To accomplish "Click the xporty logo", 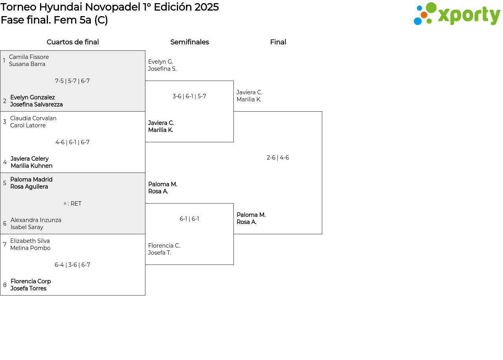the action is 457,14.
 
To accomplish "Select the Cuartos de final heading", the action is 73,42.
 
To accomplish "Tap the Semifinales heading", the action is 189,42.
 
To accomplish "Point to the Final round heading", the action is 278,42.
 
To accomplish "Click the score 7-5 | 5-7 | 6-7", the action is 72,81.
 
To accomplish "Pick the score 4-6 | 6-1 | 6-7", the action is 72,142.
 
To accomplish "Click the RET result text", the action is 72,204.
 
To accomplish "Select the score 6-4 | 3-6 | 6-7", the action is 72,265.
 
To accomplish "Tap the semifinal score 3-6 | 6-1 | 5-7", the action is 189,96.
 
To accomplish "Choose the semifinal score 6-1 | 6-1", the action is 189,219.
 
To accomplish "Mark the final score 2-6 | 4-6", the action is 278,158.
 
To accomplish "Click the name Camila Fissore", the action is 29,57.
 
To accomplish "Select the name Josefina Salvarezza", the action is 37,105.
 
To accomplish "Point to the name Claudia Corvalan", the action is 33,118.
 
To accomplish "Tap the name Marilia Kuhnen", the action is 32,166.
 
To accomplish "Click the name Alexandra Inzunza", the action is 36,220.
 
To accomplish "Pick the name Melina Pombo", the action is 30,248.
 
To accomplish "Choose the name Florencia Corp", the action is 31,281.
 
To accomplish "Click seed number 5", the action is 5,183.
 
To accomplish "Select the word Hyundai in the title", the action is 61,7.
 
